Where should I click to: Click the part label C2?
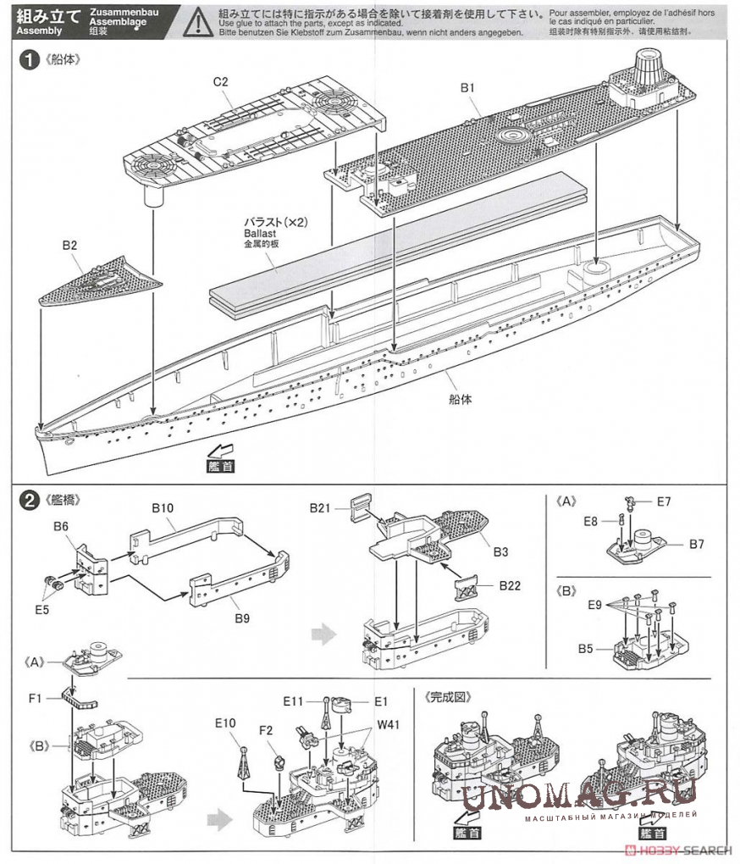[220, 81]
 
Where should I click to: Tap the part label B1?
[468, 87]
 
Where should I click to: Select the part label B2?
[69, 246]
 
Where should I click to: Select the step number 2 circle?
[30, 500]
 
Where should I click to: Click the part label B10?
[163, 508]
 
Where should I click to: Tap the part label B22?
[510, 584]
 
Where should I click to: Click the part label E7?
[664, 501]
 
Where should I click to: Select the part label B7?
[696, 544]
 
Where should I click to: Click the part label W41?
[389, 724]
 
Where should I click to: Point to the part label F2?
[266, 730]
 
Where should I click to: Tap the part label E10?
[224, 723]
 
